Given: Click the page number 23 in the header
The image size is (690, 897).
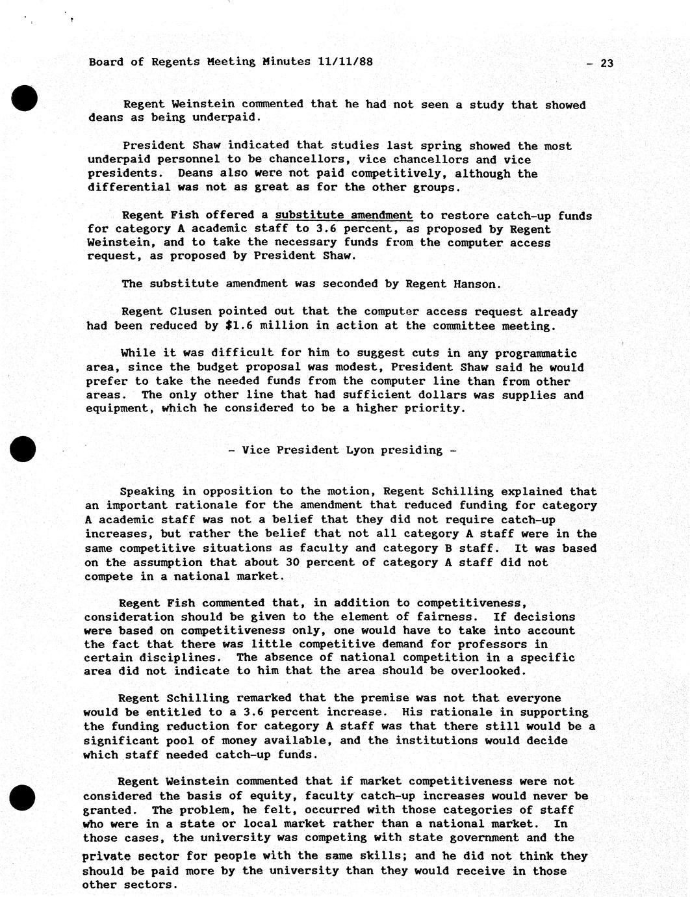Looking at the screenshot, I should pyautogui.click(x=607, y=63).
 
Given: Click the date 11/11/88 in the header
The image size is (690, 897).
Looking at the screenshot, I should pyautogui.click(x=346, y=62).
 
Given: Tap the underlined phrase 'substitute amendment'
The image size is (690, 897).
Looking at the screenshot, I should pyautogui.click(x=344, y=215).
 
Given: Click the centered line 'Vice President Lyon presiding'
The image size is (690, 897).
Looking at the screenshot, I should pyautogui.click(x=342, y=450).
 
